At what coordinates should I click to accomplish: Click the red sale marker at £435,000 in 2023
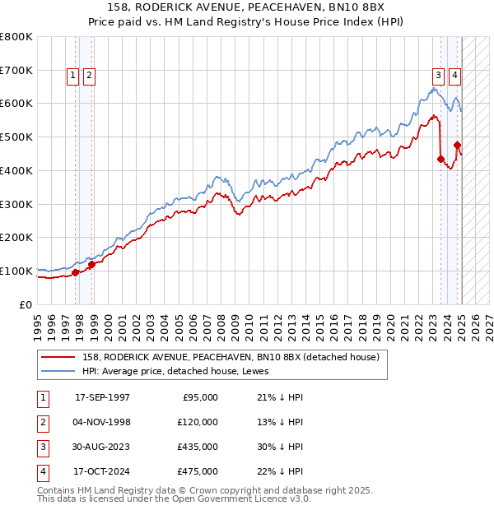(440, 159)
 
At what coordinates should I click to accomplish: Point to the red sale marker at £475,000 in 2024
(457, 146)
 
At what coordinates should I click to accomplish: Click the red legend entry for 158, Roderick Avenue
(230, 357)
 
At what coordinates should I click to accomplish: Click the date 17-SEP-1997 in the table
(102, 397)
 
